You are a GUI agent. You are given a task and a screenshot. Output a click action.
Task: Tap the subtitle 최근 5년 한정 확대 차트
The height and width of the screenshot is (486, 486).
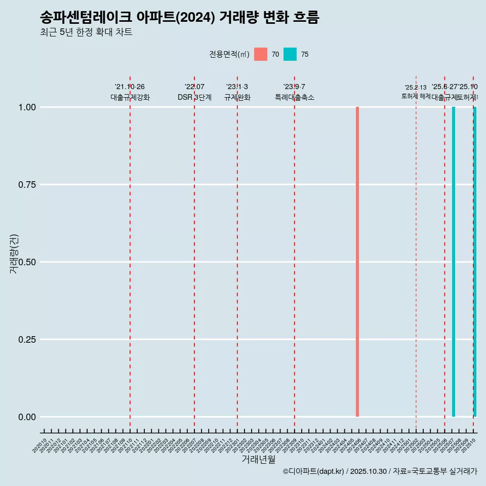coord(86,33)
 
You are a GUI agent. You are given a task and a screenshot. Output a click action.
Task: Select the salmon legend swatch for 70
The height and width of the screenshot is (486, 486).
coord(261,54)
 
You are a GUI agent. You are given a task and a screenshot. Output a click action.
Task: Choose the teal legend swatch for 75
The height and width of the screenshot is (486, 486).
coord(290,54)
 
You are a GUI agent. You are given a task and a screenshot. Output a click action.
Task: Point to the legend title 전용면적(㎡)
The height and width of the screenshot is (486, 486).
coord(229,54)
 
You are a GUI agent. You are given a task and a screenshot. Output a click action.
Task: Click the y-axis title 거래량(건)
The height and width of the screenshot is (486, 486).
coord(14,254)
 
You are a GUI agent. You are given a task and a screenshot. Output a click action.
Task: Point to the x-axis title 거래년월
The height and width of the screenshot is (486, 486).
coord(258,459)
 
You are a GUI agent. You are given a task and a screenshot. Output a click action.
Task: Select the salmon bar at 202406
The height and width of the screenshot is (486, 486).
coord(357,262)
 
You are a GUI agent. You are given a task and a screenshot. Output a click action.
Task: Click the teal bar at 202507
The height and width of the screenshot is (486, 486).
coord(454,262)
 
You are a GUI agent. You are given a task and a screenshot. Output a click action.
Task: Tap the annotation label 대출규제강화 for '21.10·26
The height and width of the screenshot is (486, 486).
coord(130,97)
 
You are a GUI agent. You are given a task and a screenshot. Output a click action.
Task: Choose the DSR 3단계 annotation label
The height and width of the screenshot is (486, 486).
coord(194,97)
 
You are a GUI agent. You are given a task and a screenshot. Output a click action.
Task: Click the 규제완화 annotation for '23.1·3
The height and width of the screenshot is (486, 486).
coord(237,97)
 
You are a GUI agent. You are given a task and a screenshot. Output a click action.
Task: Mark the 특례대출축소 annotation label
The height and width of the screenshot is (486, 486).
coord(295,97)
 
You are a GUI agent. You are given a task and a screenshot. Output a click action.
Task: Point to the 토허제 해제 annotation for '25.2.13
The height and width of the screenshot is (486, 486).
coord(416,96)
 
